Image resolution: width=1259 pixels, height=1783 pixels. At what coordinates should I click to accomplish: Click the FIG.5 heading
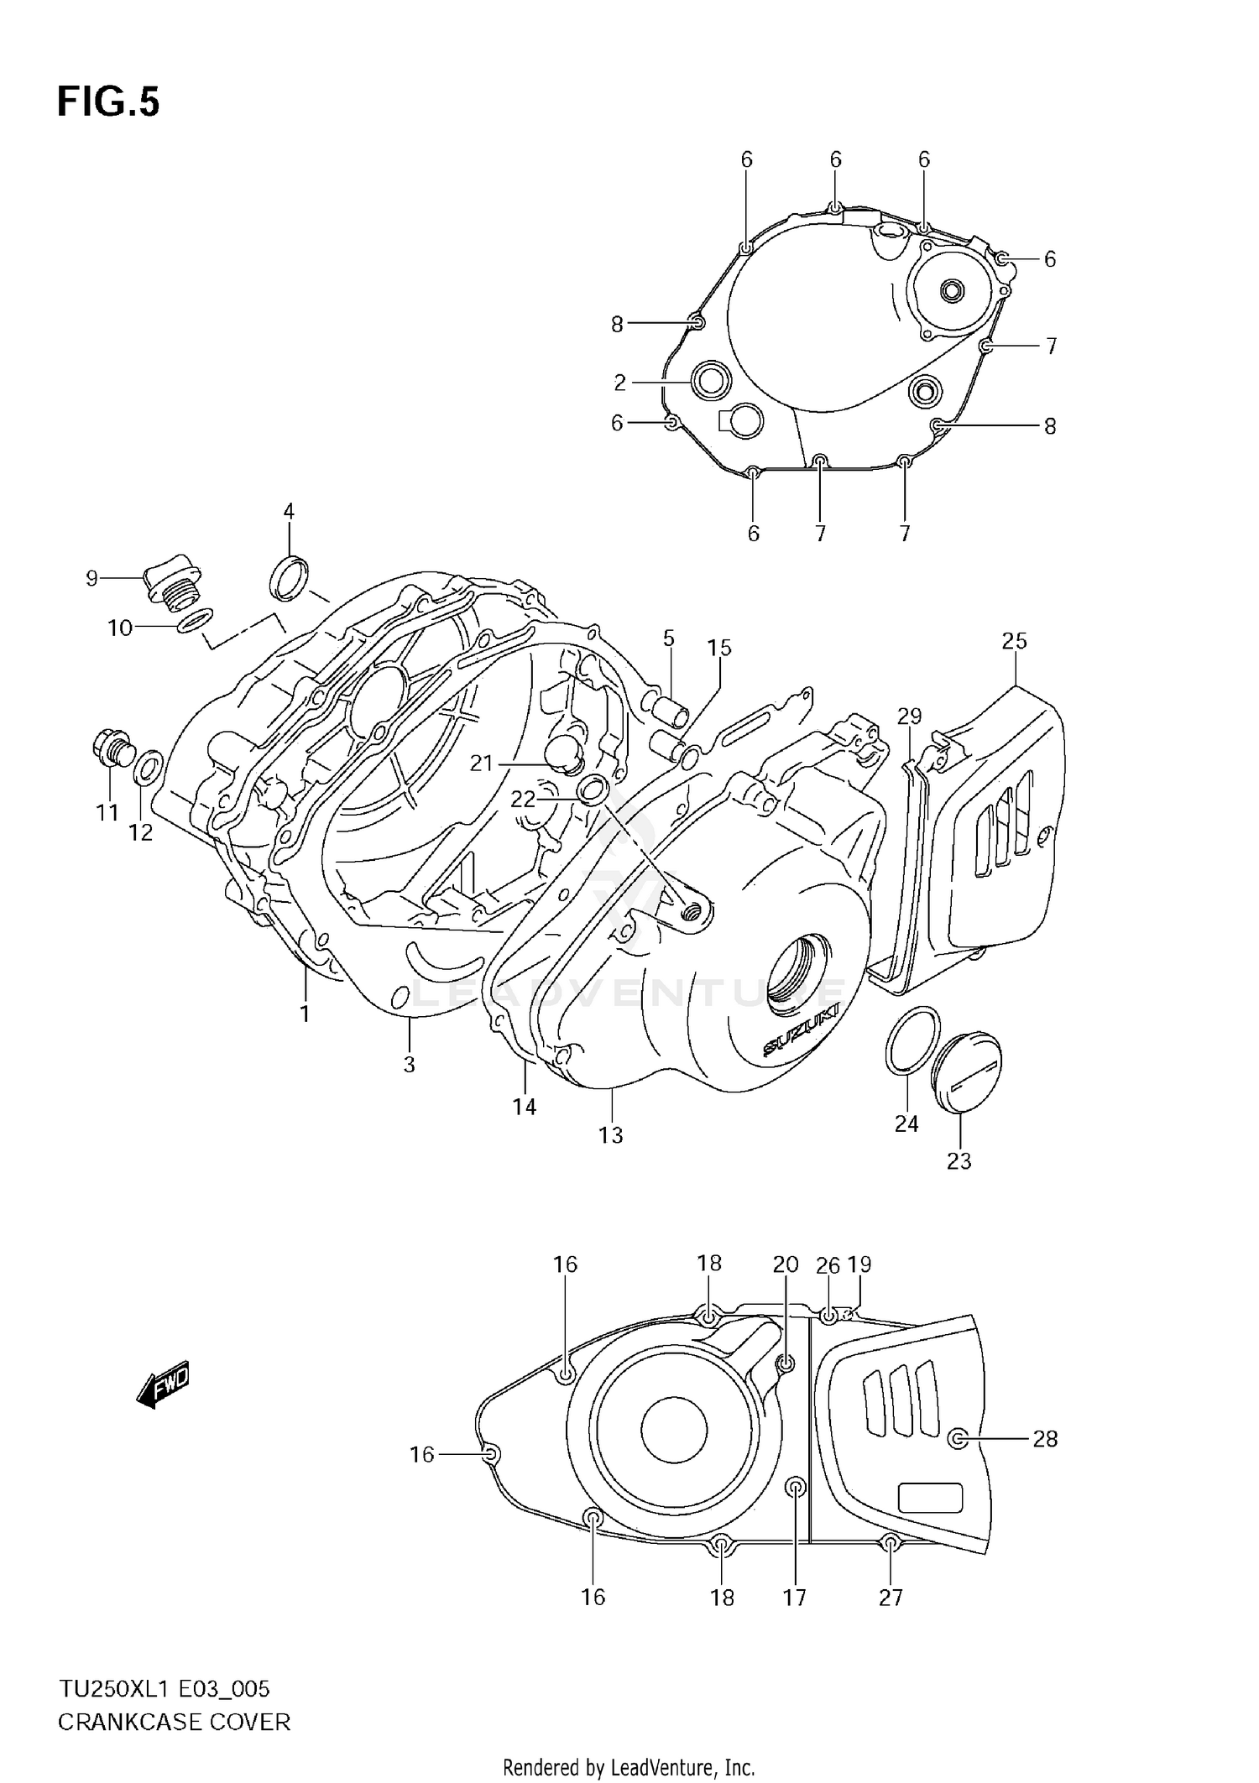tap(108, 102)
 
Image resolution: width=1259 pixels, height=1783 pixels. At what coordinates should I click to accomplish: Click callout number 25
tap(1014, 641)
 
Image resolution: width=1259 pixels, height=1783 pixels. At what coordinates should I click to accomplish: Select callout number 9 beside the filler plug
tap(91, 578)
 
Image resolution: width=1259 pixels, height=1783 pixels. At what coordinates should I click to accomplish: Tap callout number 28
tap(1045, 1439)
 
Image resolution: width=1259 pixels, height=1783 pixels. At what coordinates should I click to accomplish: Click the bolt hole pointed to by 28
tap(957, 1439)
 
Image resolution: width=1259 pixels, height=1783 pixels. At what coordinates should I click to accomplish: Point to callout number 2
tap(619, 383)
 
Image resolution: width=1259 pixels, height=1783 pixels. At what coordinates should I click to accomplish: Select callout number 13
tap(610, 1135)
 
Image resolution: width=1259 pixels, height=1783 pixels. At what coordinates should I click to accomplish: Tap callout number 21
tap(481, 763)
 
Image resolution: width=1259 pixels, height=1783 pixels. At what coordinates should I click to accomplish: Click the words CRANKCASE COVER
tap(174, 1723)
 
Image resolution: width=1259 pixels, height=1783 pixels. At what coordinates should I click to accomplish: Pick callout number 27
tap(891, 1597)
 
